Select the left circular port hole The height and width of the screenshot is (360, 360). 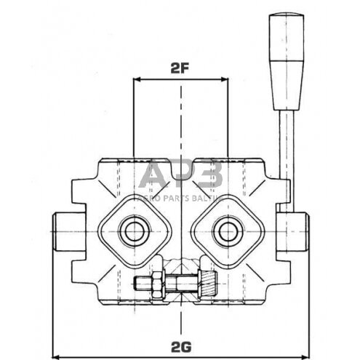click(x=134, y=232)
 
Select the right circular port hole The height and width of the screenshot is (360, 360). click(x=225, y=232)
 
